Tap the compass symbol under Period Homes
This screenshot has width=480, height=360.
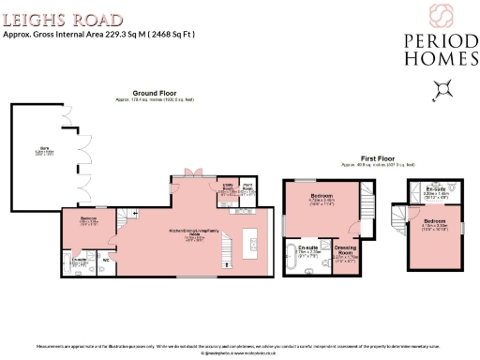click(x=441, y=89)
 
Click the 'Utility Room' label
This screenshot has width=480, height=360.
click(x=226, y=187)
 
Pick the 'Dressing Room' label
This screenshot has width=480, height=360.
click(x=345, y=251)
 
